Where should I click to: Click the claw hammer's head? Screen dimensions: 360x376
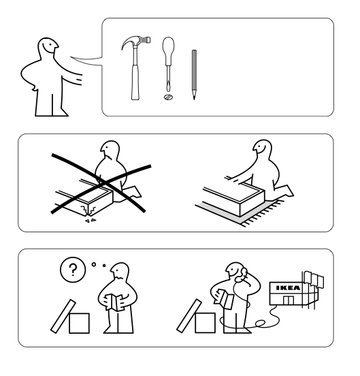(x=135, y=42)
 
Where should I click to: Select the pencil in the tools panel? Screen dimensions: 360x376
(x=194, y=74)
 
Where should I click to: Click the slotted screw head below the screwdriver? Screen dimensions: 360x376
(x=168, y=97)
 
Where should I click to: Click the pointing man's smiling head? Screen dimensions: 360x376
(x=48, y=47)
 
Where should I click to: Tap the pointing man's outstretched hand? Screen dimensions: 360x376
(x=78, y=79)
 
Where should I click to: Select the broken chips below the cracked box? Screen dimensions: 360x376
(x=91, y=221)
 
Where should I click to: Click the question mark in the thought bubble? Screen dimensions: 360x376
(x=73, y=270)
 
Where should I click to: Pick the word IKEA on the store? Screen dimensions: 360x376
(x=288, y=287)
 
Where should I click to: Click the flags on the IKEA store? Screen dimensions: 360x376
(x=314, y=279)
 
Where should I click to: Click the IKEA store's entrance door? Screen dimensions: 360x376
(x=289, y=300)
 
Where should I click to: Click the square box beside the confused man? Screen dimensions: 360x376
(x=79, y=323)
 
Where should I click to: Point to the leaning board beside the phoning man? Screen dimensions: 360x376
(x=189, y=316)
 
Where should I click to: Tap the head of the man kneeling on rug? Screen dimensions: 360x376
(x=263, y=148)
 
